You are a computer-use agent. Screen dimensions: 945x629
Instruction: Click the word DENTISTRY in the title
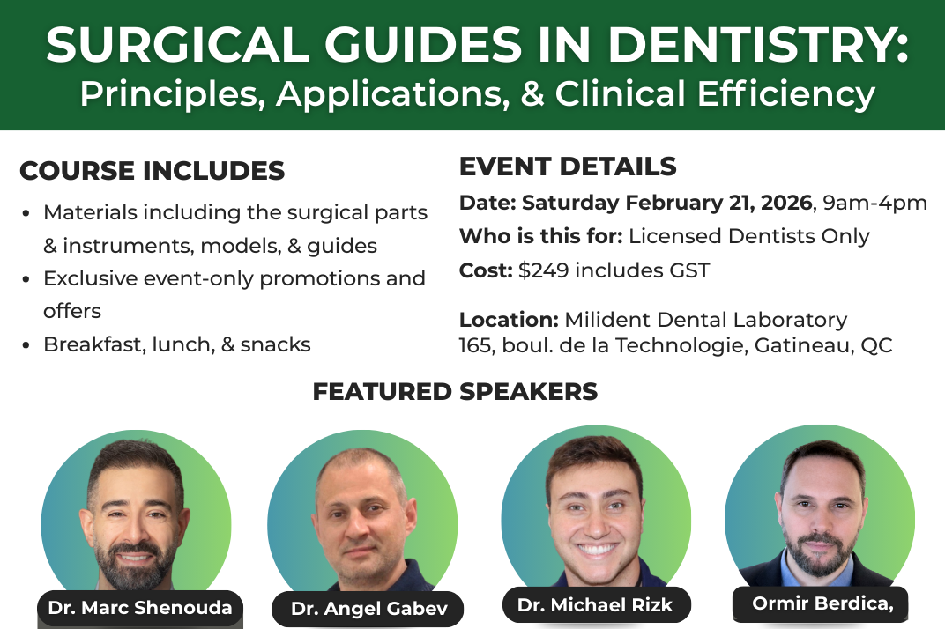coord(757,45)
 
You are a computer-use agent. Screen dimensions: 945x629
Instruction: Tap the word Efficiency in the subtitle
coord(786,94)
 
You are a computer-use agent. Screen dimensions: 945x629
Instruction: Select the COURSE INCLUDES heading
coord(152,171)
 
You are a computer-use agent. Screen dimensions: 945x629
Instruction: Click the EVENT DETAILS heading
coord(568,166)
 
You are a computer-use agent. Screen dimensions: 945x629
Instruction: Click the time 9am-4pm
coord(875,203)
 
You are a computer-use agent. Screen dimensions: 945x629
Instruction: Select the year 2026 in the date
coord(786,203)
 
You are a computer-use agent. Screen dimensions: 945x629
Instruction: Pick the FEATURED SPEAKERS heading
coord(455,392)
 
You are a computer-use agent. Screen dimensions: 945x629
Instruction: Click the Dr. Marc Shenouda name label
coord(140,608)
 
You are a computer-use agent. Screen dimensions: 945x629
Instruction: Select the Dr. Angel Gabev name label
coord(368,609)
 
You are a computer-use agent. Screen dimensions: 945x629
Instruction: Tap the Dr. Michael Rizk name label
coord(595,605)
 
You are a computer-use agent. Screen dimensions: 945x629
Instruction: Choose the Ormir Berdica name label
coord(821,603)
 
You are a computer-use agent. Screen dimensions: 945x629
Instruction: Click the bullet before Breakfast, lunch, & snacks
coord(26,345)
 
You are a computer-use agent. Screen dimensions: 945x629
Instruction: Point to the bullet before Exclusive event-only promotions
coord(26,279)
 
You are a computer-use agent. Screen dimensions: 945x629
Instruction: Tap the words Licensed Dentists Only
coord(749,236)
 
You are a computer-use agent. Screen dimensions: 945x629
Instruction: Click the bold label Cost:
coord(486,270)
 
